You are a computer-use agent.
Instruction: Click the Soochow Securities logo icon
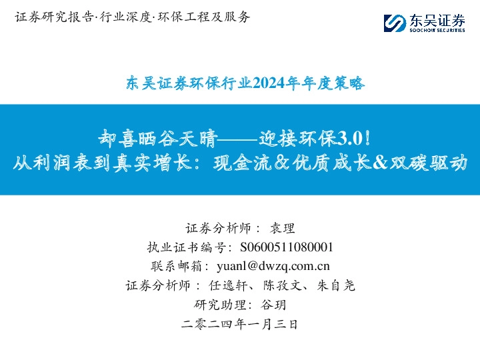tap(395, 23)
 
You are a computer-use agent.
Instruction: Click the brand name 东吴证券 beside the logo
tap(436, 20)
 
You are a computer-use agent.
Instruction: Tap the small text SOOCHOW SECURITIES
tap(436, 31)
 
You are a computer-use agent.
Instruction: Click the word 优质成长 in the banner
tap(327, 163)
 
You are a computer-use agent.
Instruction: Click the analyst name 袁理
tap(283, 228)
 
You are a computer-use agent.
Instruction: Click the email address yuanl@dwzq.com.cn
tap(273, 267)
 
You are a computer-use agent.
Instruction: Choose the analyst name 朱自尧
tap(335, 286)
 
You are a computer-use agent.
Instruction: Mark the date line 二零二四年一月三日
tap(239, 325)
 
